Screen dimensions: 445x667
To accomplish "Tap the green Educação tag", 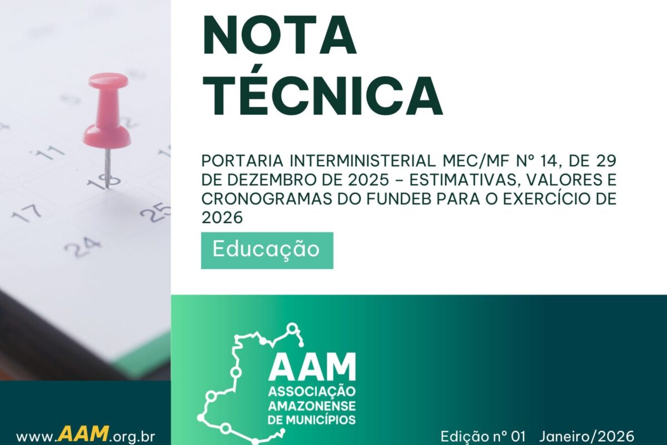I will (267, 250).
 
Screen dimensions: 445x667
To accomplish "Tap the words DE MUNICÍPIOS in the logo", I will (312, 418).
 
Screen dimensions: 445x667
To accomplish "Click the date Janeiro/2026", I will (586, 435).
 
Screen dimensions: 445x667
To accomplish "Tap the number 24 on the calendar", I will (82, 246).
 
